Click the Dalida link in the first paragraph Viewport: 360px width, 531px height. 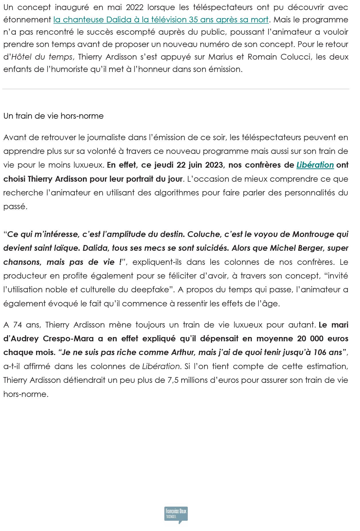pos(161,19)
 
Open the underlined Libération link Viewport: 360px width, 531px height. pos(315,165)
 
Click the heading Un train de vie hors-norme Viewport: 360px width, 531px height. pos(53,116)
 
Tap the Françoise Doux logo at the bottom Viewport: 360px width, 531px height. pos(176,515)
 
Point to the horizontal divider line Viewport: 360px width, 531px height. pos(176,89)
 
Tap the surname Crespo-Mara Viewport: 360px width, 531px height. pos(68,338)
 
